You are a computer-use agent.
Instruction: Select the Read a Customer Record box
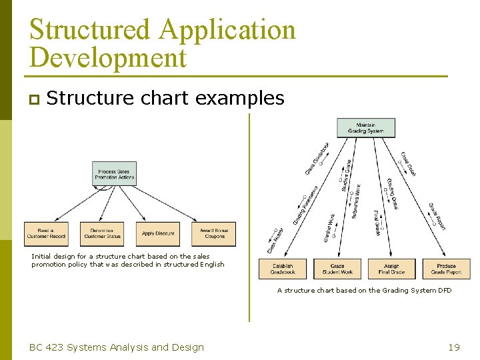coord(46,233)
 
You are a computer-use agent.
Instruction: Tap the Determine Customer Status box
coord(102,233)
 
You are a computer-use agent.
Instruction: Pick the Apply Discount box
coord(158,233)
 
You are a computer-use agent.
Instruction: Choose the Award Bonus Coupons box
coord(213,233)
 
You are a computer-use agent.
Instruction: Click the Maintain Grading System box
coord(365,127)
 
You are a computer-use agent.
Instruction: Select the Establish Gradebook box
coord(283,269)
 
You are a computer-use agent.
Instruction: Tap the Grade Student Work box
coord(337,269)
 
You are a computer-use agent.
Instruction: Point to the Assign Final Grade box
coord(391,269)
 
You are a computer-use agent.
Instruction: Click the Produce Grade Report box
coord(446,269)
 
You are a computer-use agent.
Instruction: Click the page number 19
coord(454,347)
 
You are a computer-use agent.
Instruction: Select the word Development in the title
coord(108,58)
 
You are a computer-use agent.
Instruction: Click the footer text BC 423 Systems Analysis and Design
coord(117,347)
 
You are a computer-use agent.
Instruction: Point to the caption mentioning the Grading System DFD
coord(364,291)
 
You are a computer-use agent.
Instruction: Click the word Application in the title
coord(227,30)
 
